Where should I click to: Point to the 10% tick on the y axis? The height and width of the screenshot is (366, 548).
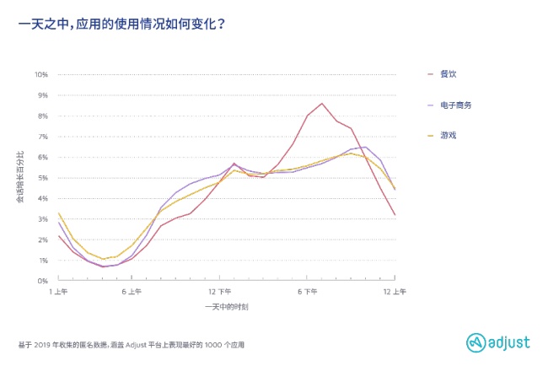point(41,74)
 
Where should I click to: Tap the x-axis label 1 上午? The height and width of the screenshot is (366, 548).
point(58,292)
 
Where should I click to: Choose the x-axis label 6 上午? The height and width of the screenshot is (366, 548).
point(132,292)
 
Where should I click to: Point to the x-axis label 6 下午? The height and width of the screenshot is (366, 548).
point(307,292)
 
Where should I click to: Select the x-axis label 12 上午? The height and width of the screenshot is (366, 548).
point(395,292)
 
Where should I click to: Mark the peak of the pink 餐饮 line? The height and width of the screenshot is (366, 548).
point(322,104)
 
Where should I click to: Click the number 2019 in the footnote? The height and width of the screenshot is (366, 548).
point(41,345)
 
